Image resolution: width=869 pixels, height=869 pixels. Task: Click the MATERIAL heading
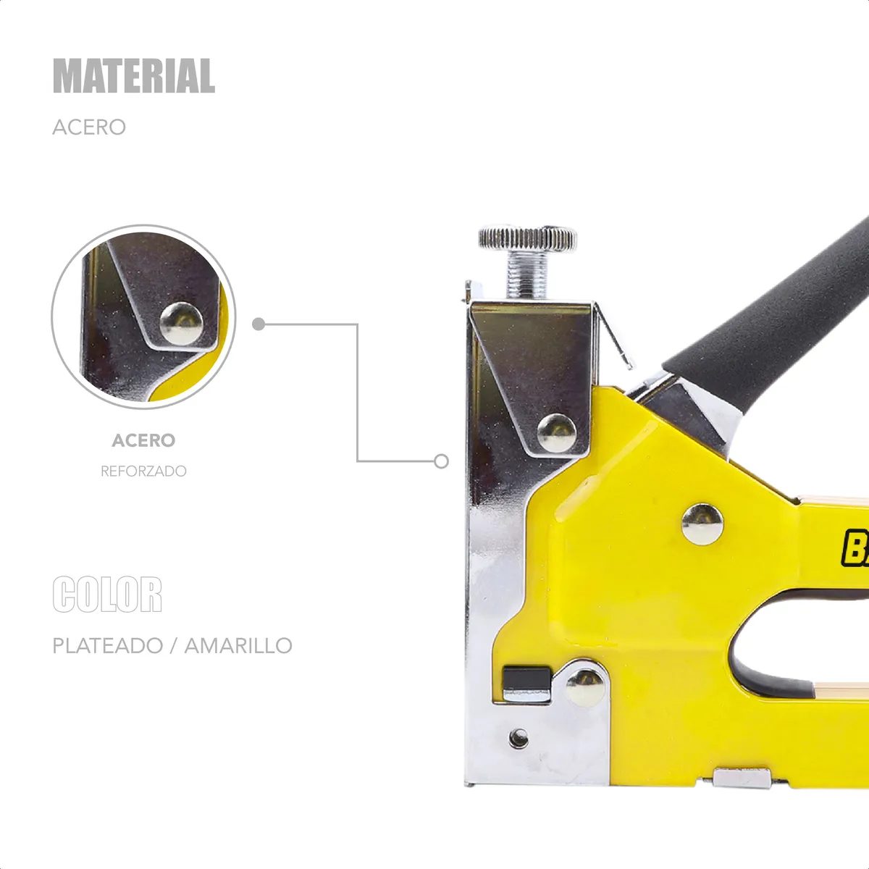[x=134, y=75]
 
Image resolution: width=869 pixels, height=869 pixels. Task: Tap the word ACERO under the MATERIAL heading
[x=89, y=127]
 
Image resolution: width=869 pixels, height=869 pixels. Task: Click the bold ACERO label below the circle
[x=143, y=440]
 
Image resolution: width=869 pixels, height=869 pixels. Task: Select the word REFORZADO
[x=143, y=471]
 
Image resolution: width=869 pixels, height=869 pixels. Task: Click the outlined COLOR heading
[x=107, y=594]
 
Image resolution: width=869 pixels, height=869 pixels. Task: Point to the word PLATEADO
[x=108, y=645]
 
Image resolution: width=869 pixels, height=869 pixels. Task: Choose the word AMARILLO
[x=238, y=645]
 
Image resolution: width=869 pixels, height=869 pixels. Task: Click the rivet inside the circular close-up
[x=181, y=323]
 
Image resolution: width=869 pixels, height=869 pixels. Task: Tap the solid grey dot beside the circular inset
[x=259, y=324]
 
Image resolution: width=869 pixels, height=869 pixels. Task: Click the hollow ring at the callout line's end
[x=441, y=461]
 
